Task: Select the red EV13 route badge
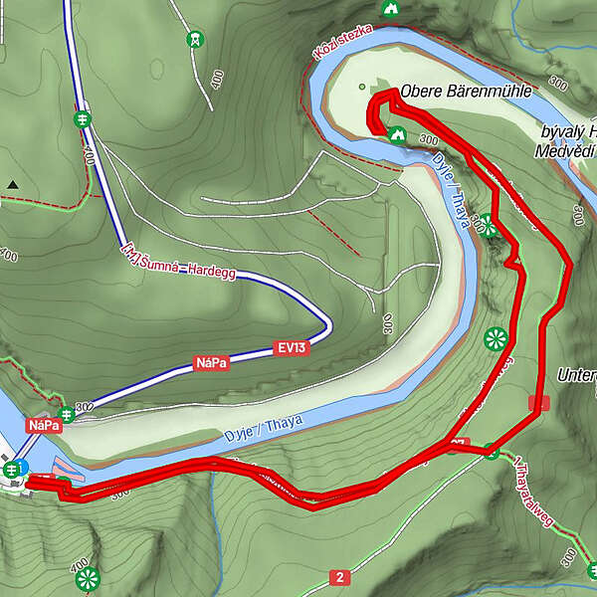point(291,348)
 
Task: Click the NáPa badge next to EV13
point(211,364)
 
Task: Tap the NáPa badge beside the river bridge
point(45,425)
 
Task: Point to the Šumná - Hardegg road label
point(178,262)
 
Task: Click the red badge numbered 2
point(340,577)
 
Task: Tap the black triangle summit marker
point(13,185)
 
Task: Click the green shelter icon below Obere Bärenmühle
point(397,135)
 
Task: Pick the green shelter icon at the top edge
point(390,8)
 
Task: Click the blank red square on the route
point(539,403)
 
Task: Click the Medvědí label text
point(563,151)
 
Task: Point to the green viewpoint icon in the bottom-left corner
point(88,578)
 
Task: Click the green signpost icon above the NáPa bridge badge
point(66,413)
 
